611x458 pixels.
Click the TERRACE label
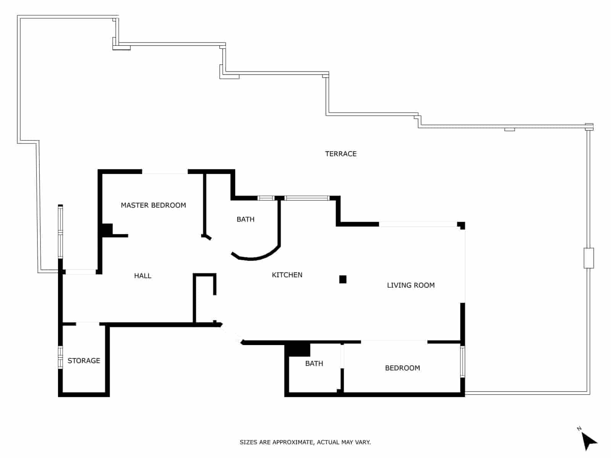tap(341, 154)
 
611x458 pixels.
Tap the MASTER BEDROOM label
tap(153, 205)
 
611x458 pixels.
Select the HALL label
tap(142, 276)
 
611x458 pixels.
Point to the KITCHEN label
tap(287, 275)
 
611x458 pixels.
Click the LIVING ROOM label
tap(411, 285)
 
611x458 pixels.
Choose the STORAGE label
tap(84, 361)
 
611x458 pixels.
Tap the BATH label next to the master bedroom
tap(245, 219)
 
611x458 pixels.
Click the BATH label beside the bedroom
tap(314, 363)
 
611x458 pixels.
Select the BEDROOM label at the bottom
tap(402, 368)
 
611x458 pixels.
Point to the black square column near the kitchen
tap(343, 279)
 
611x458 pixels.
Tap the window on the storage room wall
tap(60, 357)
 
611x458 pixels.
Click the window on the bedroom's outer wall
tap(462, 361)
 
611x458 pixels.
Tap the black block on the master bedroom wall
tap(107, 229)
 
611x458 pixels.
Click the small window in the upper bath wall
tap(266, 198)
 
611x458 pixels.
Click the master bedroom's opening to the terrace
tap(165, 172)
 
